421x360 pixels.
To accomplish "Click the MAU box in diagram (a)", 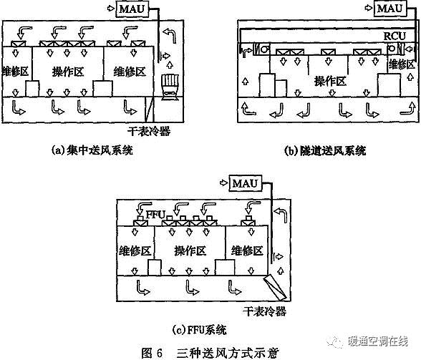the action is [x=132, y=9].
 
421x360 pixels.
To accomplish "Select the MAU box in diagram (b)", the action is [x=390, y=9].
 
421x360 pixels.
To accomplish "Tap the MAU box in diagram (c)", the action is [x=245, y=183].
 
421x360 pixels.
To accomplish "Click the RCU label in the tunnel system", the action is [x=395, y=36].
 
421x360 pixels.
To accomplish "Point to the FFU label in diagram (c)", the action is [x=155, y=215].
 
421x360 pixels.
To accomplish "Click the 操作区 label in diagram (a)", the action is [x=68, y=72].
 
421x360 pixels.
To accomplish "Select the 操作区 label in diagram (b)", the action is [x=330, y=81].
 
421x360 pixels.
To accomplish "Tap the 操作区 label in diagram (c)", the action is [x=190, y=250].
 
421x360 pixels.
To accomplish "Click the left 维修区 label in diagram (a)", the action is [x=15, y=72].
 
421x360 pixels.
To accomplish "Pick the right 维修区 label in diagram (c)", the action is [x=247, y=250].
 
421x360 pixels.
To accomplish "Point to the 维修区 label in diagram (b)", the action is [x=402, y=64].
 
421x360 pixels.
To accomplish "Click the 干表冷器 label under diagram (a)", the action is [x=149, y=131].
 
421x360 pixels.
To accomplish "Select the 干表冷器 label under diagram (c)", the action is [x=264, y=311].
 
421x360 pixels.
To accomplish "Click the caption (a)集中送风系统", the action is [x=92, y=150].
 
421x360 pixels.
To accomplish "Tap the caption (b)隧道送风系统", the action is [x=325, y=150].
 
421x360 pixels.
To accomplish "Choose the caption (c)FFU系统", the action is [x=200, y=329].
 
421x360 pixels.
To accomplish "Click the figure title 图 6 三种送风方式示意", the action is [x=210, y=353].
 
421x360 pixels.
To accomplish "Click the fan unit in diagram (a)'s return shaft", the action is [x=170, y=87].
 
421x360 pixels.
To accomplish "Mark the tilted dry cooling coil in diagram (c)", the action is [x=275, y=288].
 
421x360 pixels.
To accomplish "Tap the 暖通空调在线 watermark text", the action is [x=378, y=341].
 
